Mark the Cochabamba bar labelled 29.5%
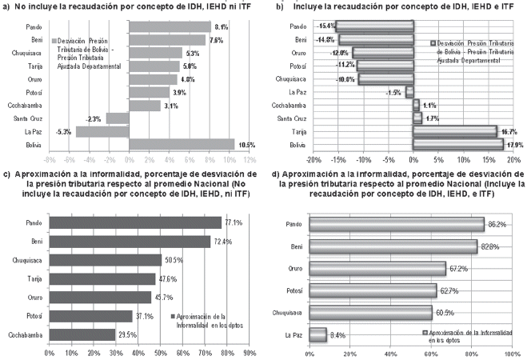pos(82,334)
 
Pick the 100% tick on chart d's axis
pos(510,352)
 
